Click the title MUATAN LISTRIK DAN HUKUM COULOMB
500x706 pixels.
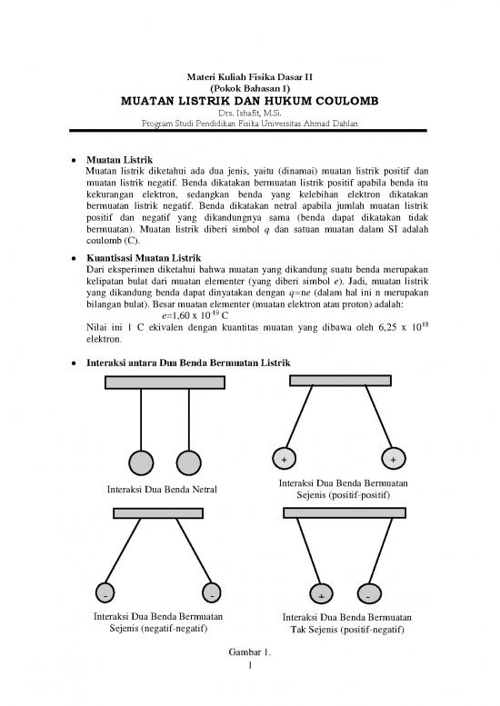coord(250,101)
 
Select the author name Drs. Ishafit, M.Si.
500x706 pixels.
coord(250,114)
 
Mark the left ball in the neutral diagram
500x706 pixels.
coord(142,462)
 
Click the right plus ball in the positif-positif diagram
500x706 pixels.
coord(394,458)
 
